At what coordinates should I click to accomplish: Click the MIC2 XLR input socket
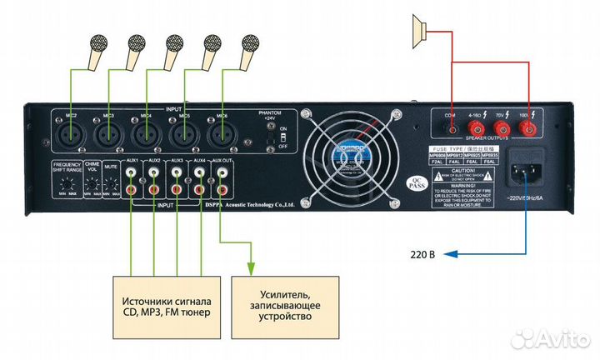(70, 132)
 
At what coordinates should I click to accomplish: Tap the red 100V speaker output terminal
(527, 128)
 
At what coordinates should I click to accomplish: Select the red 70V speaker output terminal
(502, 128)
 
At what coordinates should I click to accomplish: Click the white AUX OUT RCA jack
(222, 174)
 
